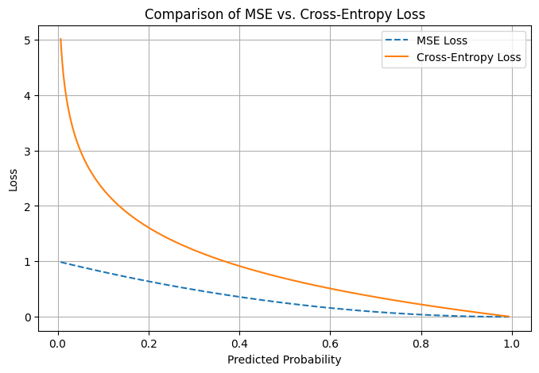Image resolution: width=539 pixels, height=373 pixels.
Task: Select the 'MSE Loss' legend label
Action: (442, 41)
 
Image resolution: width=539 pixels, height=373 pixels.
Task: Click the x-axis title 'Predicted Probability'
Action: (284, 360)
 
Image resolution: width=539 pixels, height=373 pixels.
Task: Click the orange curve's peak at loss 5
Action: (60, 39)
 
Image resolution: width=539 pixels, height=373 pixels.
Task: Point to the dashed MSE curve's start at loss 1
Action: (60, 262)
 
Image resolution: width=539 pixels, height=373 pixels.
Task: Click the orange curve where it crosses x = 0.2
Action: (149, 228)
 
